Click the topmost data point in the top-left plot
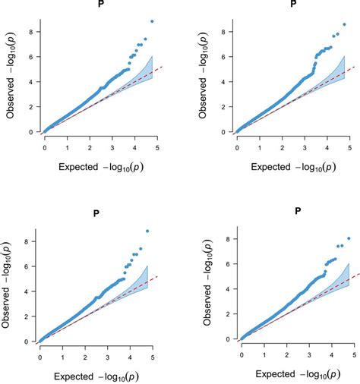151,21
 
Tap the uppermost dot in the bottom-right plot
349,238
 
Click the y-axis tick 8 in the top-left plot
32,30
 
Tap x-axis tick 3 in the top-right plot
306,142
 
